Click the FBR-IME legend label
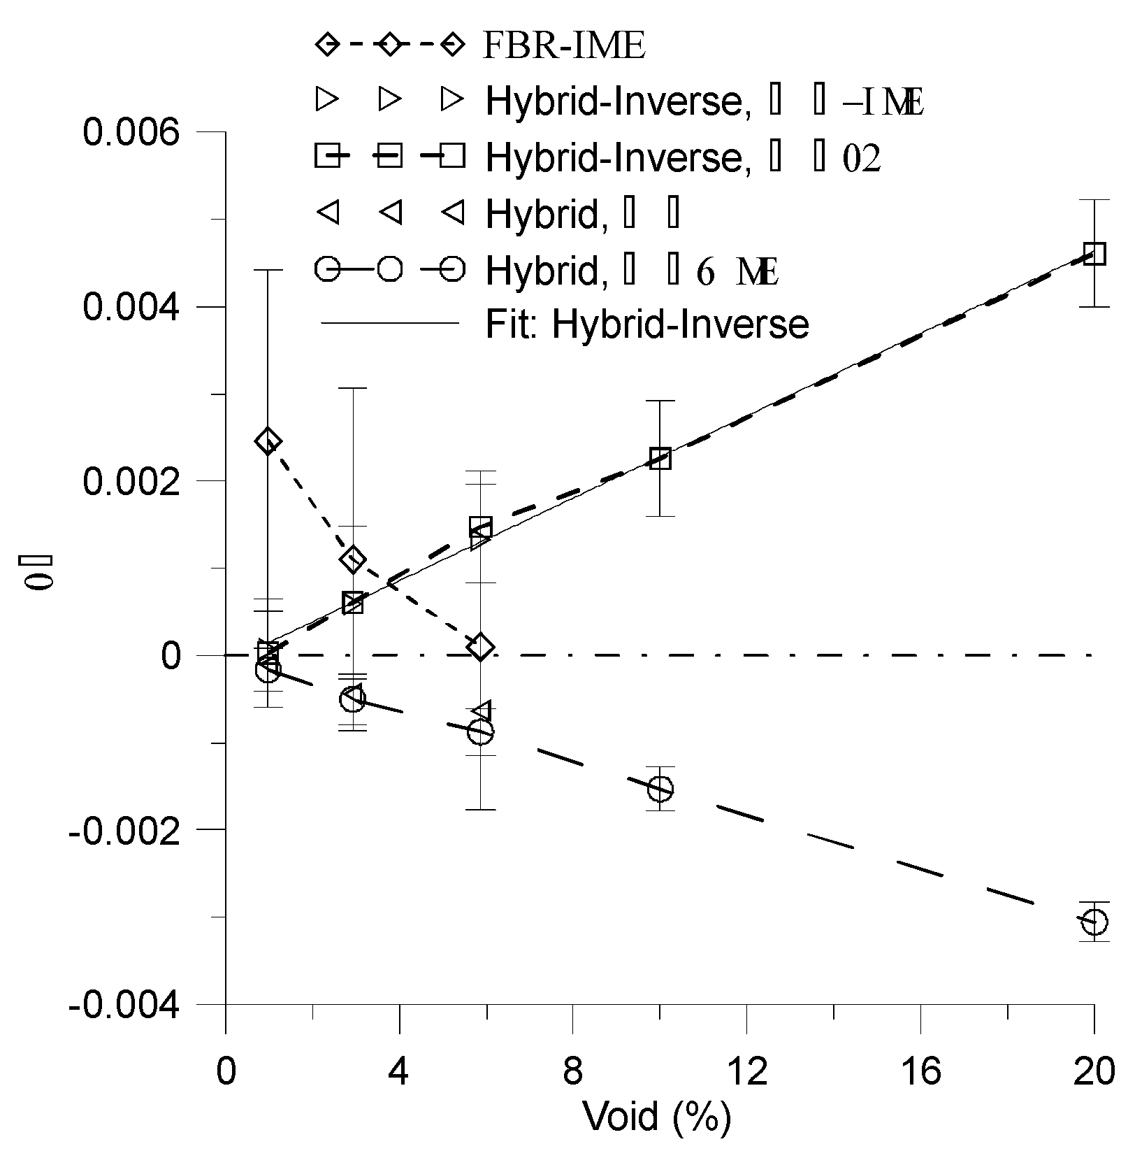click(x=563, y=46)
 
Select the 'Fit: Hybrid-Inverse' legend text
click(x=647, y=324)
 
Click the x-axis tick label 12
click(x=747, y=1071)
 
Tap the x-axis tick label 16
click(x=920, y=1071)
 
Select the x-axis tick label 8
click(x=573, y=1071)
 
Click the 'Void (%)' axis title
click(x=657, y=1117)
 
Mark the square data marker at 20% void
click(x=1094, y=254)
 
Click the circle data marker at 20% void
click(x=1094, y=922)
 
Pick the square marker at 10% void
click(x=660, y=459)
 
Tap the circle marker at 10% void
click(x=660, y=789)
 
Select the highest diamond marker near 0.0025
click(x=268, y=441)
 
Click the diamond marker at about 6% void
click(x=481, y=648)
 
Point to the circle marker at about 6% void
click(x=481, y=732)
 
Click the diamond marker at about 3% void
click(x=354, y=559)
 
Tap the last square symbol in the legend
click(x=452, y=157)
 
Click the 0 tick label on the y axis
click(x=172, y=656)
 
